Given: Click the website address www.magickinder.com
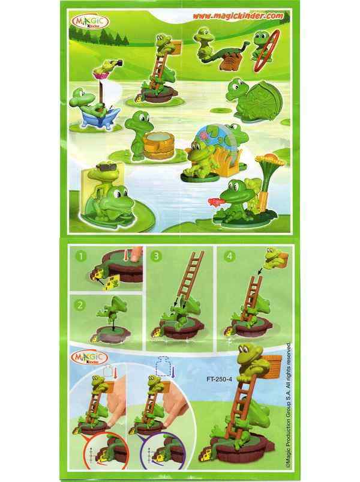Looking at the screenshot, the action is [238, 16].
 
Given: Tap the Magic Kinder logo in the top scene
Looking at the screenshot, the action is [90, 22].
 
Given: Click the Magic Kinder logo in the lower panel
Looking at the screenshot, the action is [88, 358].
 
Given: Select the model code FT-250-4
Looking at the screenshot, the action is [220, 379].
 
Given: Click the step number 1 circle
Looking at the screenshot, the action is [81, 256].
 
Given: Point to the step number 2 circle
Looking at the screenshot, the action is [80, 305].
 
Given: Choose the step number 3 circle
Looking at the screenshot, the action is [156, 256].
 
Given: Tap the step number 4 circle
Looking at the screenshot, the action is [229, 256].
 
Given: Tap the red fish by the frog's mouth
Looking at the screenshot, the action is [214, 202].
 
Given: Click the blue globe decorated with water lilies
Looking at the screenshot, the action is [217, 137].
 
